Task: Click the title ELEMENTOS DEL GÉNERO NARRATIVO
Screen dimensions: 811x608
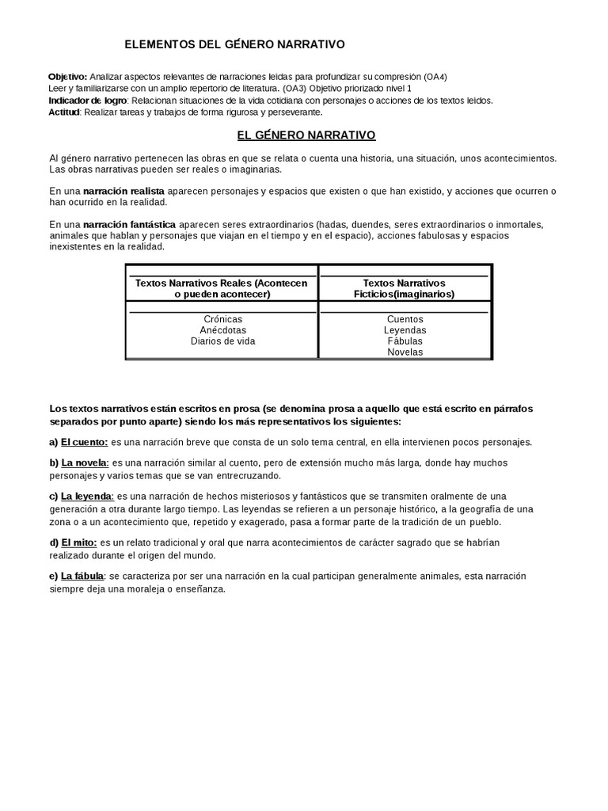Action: pos(236,45)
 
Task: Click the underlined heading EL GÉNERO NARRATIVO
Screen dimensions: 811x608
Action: pos(306,135)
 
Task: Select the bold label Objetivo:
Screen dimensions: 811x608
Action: pos(68,77)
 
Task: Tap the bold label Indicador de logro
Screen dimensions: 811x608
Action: pos(87,101)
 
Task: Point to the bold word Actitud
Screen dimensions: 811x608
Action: pos(64,112)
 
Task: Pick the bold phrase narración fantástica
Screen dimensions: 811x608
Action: pos(130,224)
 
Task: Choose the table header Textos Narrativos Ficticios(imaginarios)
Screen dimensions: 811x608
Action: pos(405,288)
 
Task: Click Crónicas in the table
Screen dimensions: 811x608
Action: pos(222,319)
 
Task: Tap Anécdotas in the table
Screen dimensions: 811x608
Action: pos(222,330)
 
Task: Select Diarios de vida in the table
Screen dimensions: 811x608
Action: pos(222,341)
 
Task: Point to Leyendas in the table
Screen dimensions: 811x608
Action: pos(405,330)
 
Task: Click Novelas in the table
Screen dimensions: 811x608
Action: pos(405,352)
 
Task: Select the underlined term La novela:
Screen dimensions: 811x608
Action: pos(85,463)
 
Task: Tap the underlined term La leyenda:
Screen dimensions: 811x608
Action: pos(87,496)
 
